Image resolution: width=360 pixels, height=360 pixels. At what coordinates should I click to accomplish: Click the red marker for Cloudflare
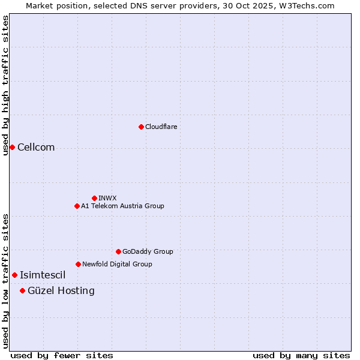click(x=141, y=127)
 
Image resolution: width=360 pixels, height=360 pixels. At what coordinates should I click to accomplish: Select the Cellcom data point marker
click(x=12, y=147)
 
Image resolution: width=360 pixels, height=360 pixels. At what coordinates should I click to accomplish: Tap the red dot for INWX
click(x=94, y=198)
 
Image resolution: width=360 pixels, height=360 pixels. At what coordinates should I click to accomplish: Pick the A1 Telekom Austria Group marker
click(x=77, y=206)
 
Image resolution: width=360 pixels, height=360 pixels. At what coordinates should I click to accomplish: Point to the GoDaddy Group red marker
click(x=118, y=251)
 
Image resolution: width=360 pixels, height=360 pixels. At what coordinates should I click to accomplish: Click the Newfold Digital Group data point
click(x=78, y=264)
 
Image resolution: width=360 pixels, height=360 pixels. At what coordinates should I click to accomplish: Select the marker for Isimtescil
click(x=14, y=275)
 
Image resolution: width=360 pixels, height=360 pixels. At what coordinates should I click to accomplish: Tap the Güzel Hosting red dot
click(x=22, y=290)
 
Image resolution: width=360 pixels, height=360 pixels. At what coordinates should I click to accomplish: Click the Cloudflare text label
click(x=161, y=127)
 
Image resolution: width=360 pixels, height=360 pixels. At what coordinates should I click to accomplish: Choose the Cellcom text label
click(x=36, y=148)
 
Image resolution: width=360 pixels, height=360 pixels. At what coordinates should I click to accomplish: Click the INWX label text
click(x=107, y=198)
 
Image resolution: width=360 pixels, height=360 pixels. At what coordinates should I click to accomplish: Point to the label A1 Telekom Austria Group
click(x=122, y=206)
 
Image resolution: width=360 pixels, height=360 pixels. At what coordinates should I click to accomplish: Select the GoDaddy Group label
click(x=148, y=251)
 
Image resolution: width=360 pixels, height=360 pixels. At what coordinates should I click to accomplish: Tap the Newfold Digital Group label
click(x=117, y=264)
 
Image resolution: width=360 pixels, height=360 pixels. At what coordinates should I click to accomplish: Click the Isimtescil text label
click(x=43, y=275)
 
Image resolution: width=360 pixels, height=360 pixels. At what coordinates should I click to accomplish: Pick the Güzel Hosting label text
click(x=61, y=291)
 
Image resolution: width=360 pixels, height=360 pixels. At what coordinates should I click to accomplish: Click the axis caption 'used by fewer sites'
click(x=62, y=355)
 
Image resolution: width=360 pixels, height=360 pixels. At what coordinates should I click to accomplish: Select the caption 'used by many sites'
click(x=301, y=355)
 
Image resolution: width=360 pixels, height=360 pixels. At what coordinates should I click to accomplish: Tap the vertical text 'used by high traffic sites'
click(x=5, y=85)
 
